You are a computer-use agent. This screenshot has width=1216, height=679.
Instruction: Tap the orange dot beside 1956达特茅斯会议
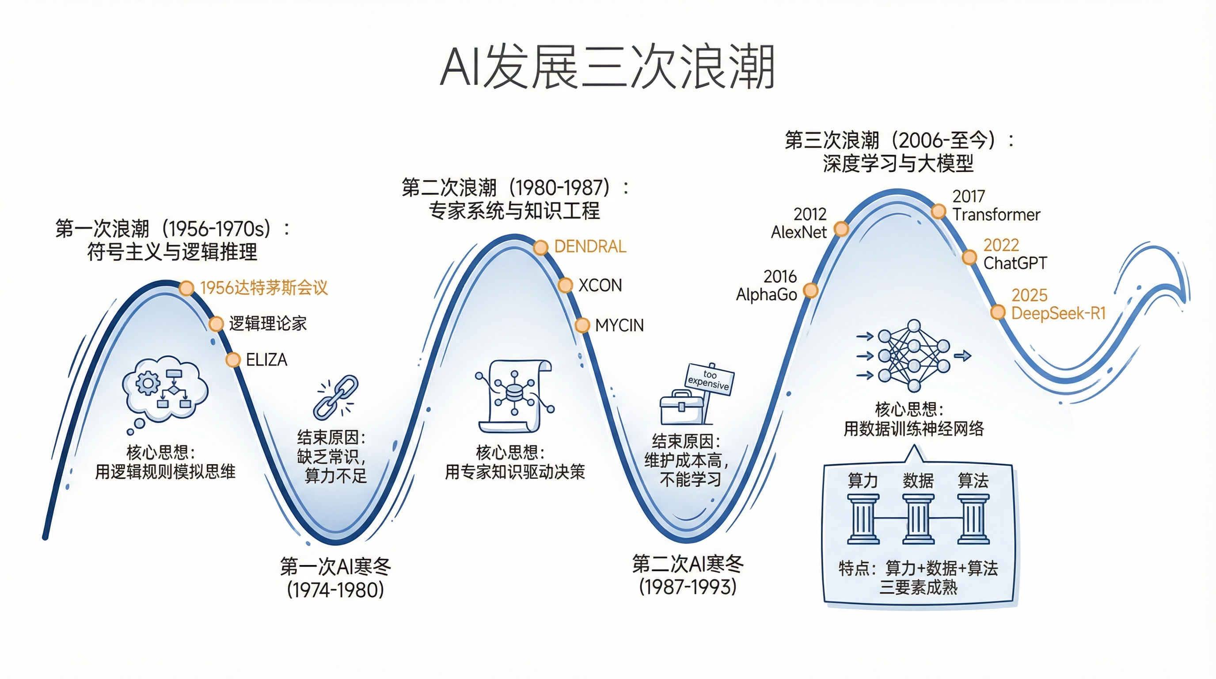click(186, 288)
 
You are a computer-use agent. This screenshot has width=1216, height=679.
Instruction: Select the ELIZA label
click(266, 360)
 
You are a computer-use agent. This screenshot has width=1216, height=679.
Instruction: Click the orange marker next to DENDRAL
click(540, 247)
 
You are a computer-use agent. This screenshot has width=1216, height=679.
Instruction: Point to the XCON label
click(600, 285)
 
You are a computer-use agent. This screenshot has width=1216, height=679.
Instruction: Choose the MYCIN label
click(619, 325)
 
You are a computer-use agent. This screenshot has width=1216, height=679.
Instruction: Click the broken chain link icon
click(336, 397)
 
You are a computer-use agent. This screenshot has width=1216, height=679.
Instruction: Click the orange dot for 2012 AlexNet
click(841, 229)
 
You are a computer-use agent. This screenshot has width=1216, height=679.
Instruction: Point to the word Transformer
click(996, 215)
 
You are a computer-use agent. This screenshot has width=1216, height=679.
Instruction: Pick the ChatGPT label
click(1015, 263)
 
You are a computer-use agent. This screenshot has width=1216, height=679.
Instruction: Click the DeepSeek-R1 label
click(1058, 313)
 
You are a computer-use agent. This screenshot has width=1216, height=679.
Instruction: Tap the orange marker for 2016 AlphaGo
click(810, 290)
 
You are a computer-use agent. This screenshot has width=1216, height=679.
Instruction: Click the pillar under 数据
click(918, 519)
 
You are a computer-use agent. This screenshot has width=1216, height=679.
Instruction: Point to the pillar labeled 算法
click(973, 519)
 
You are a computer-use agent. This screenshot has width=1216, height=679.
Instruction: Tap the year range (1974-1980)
click(335, 590)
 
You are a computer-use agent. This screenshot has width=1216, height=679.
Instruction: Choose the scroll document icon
click(514, 396)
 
